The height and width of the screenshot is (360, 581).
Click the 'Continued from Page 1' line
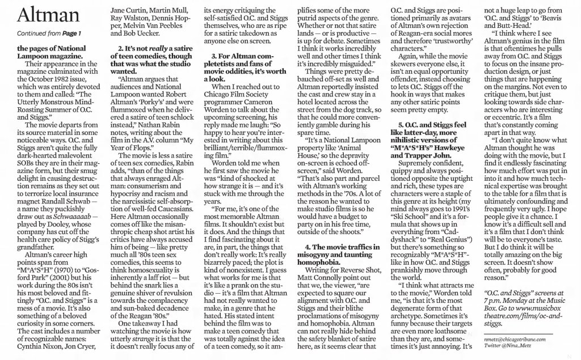(x=43, y=34)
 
